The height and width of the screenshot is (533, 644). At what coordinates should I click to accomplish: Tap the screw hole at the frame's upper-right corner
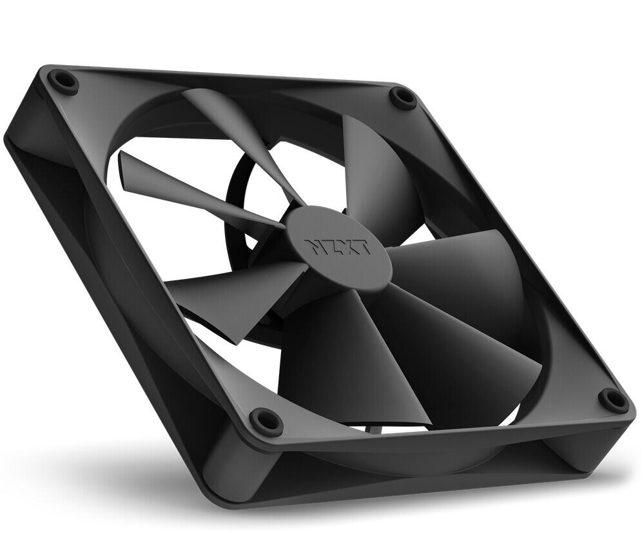[404, 98]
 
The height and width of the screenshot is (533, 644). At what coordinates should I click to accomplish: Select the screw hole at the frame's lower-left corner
[265, 422]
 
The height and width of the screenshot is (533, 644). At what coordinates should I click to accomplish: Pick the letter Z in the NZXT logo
[331, 247]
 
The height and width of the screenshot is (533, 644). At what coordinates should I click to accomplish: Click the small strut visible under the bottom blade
[375, 429]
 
